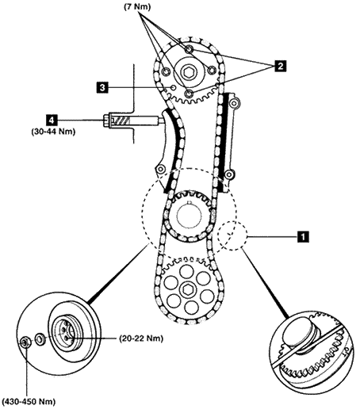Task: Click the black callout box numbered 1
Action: point(303,236)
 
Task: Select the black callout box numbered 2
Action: point(280,66)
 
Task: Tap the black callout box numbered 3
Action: point(102,87)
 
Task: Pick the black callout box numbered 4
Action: point(52,120)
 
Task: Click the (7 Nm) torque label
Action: point(137,6)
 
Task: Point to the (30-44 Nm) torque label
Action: point(53,132)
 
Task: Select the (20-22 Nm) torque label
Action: point(141,338)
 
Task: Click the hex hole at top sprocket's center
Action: point(187,71)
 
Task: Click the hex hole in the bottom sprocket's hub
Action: point(188,289)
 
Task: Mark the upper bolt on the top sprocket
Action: point(189,49)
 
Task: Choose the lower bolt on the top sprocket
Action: point(189,94)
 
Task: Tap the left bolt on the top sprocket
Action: point(166,71)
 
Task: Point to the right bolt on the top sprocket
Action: point(212,71)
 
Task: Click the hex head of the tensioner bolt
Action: point(106,120)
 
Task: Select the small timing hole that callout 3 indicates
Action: point(173,87)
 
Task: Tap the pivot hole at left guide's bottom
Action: point(160,169)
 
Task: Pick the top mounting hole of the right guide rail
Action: point(235,102)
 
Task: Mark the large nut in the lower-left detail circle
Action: point(25,342)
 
